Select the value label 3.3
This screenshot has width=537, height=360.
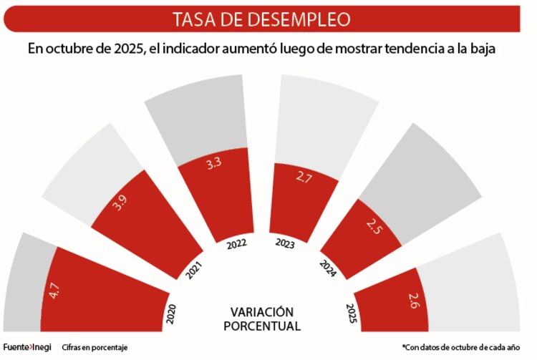(213, 164)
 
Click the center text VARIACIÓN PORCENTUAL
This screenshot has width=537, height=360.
(261, 318)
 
